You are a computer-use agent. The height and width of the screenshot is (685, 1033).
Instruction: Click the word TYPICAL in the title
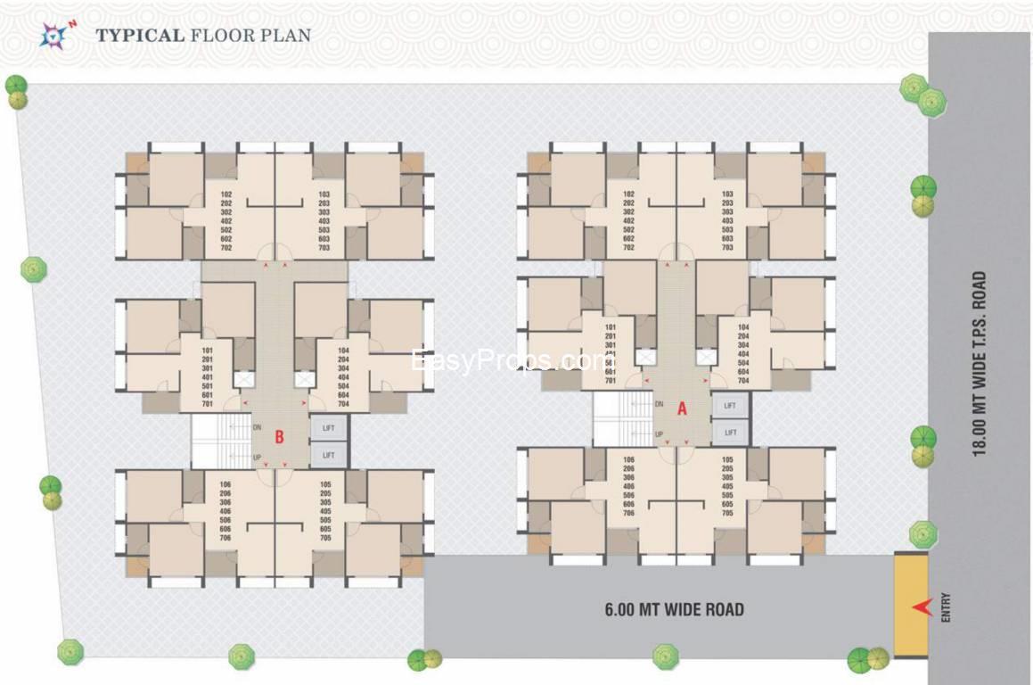(x=140, y=36)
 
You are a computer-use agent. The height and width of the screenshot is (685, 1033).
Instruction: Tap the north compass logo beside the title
(x=55, y=35)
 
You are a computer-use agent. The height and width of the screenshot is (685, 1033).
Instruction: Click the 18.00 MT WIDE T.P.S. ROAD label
(x=980, y=363)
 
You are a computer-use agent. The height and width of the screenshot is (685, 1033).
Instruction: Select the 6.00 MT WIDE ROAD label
(x=674, y=610)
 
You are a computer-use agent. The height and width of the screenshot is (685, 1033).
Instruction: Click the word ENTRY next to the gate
(x=945, y=608)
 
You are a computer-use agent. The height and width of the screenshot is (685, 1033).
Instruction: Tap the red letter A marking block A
(x=682, y=409)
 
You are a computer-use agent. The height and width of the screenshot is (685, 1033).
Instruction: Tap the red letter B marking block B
(x=279, y=437)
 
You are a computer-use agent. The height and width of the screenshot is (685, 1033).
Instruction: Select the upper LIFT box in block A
(x=730, y=406)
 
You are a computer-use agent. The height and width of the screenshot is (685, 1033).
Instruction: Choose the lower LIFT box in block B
(x=329, y=456)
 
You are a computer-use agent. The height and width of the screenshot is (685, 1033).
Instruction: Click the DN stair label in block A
(x=659, y=405)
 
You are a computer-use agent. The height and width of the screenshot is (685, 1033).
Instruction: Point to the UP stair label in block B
(x=258, y=457)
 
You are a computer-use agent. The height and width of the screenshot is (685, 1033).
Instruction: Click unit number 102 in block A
(x=629, y=194)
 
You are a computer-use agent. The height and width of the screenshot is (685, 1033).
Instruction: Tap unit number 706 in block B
(x=225, y=539)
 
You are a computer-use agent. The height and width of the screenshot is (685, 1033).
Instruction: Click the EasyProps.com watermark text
(x=507, y=361)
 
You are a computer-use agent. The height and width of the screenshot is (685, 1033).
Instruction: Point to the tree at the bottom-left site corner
(x=70, y=651)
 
